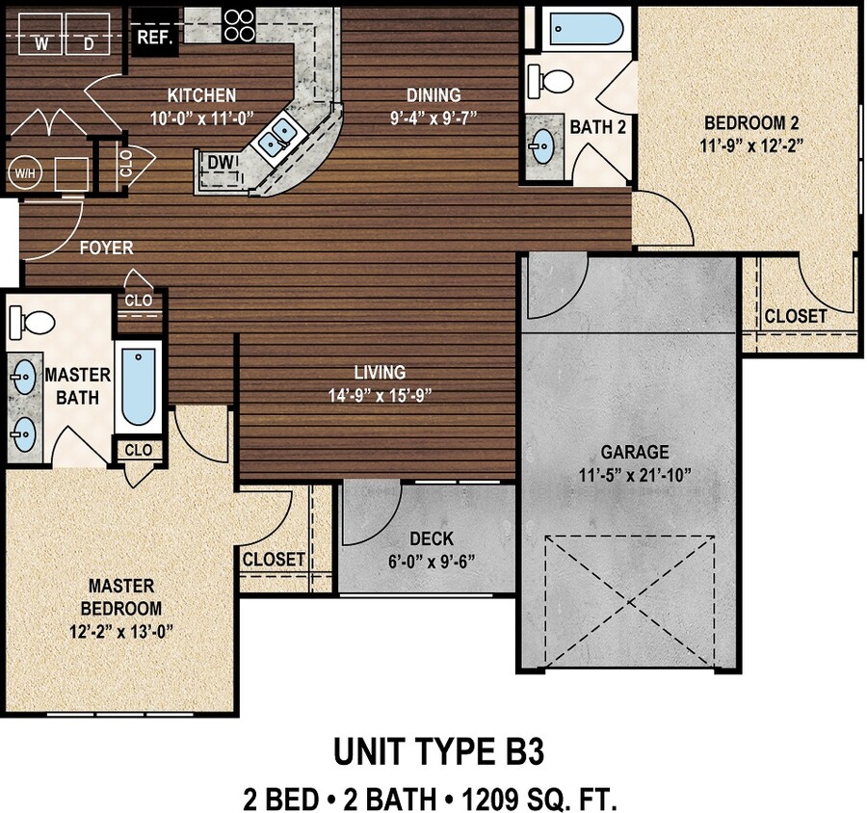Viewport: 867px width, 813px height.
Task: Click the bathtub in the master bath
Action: click(x=138, y=389)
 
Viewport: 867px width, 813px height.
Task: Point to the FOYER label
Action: click(x=106, y=248)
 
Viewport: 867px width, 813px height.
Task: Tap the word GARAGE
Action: click(x=634, y=453)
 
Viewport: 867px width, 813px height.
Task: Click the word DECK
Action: click(x=431, y=539)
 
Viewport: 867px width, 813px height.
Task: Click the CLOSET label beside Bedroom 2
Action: click(x=795, y=316)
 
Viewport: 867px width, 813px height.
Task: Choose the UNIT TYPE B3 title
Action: click(x=438, y=752)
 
